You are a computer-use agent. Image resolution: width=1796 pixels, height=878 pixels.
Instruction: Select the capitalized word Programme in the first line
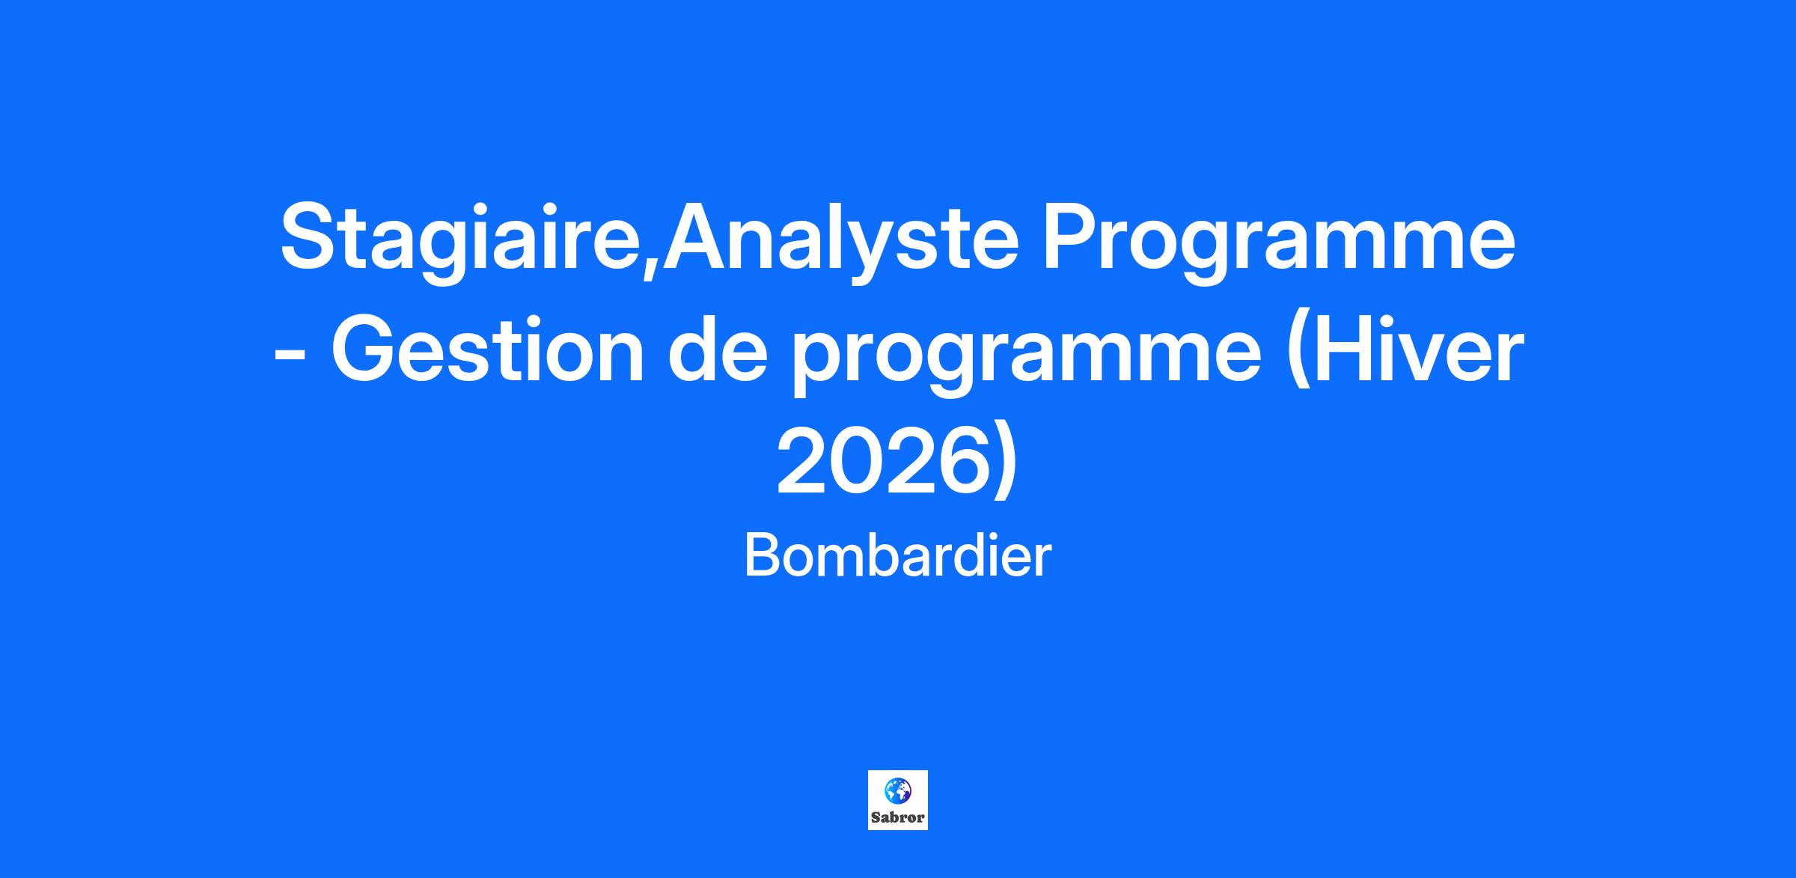tap(1279, 244)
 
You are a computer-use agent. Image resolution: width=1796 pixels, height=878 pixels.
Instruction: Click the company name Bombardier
tap(898, 557)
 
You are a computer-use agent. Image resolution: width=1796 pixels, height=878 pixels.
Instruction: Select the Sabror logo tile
tap(898, 800)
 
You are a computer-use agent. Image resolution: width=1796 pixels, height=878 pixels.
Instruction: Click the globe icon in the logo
tap(897, 790)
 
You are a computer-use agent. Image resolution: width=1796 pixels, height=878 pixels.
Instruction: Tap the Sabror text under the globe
tap(898, 817)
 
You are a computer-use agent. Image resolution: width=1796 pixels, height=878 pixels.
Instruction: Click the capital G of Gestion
tap(364, 350)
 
